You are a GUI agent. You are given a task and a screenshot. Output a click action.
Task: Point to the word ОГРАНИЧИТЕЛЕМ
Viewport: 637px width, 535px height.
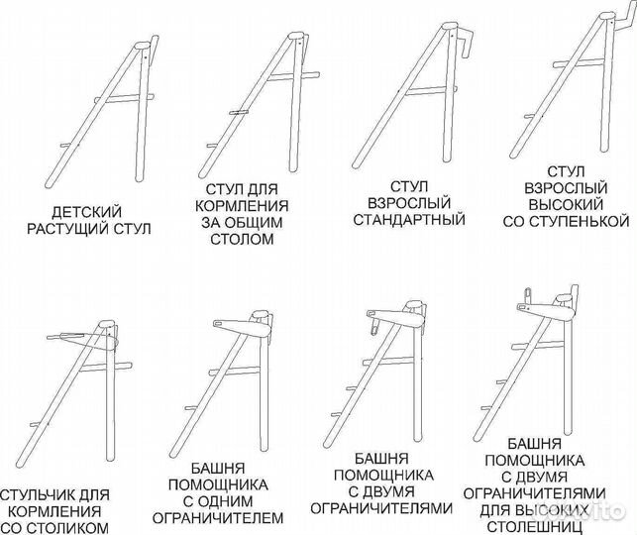[230, 517]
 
